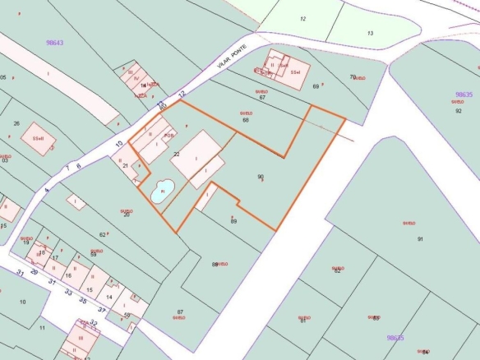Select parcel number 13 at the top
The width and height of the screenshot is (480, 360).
click(x=370, y=33)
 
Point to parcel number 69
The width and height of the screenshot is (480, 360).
click(x=316, y=85)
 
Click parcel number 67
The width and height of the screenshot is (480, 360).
click(x=262, y=98)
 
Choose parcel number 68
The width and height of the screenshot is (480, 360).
click(x=245, y=120)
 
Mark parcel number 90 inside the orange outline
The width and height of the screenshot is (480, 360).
click(x=261, y=176)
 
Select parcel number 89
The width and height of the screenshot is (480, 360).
click(x=233, y=221)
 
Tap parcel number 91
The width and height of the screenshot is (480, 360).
click(x=420, y=239)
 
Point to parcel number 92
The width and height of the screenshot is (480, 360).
click(x=459, y=110)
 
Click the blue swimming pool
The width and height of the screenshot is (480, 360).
click(x=161, y=192)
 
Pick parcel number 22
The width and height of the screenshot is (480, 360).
click(x=176, y=154)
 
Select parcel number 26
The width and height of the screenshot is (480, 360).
click(x=16, y=124)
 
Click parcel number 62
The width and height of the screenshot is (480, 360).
click(x=102, y=235)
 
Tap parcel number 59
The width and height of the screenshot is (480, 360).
click(x=94, y=255)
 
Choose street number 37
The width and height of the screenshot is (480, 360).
click(x=101, y=311)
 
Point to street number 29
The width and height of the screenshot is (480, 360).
click(x=34, y=270)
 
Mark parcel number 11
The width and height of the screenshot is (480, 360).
click(x=42, y=327)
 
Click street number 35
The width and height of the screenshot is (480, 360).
click(x=83, y=300)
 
